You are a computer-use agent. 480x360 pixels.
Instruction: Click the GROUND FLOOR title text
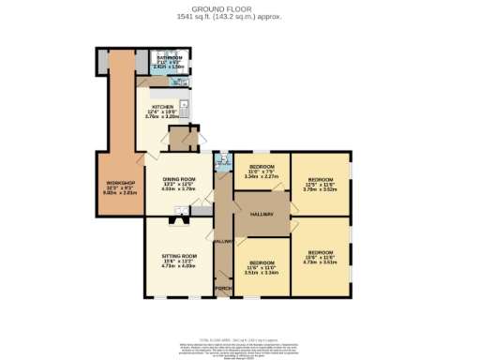coord(239,8)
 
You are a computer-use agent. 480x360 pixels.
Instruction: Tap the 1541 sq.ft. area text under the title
coord(239,16)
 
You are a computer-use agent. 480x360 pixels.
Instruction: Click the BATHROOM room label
coord(170,57)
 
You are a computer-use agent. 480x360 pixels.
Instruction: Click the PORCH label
coord(223,287)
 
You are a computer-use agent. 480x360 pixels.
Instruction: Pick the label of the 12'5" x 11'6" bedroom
coord(322,178)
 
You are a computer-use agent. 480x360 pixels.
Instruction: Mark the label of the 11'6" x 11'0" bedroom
coord(262,263)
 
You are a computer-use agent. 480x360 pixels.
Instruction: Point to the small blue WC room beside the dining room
coord(221,163)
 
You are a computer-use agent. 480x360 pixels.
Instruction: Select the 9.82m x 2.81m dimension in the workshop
coord(120,193)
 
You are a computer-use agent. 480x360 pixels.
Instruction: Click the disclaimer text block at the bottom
coord(239,348)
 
